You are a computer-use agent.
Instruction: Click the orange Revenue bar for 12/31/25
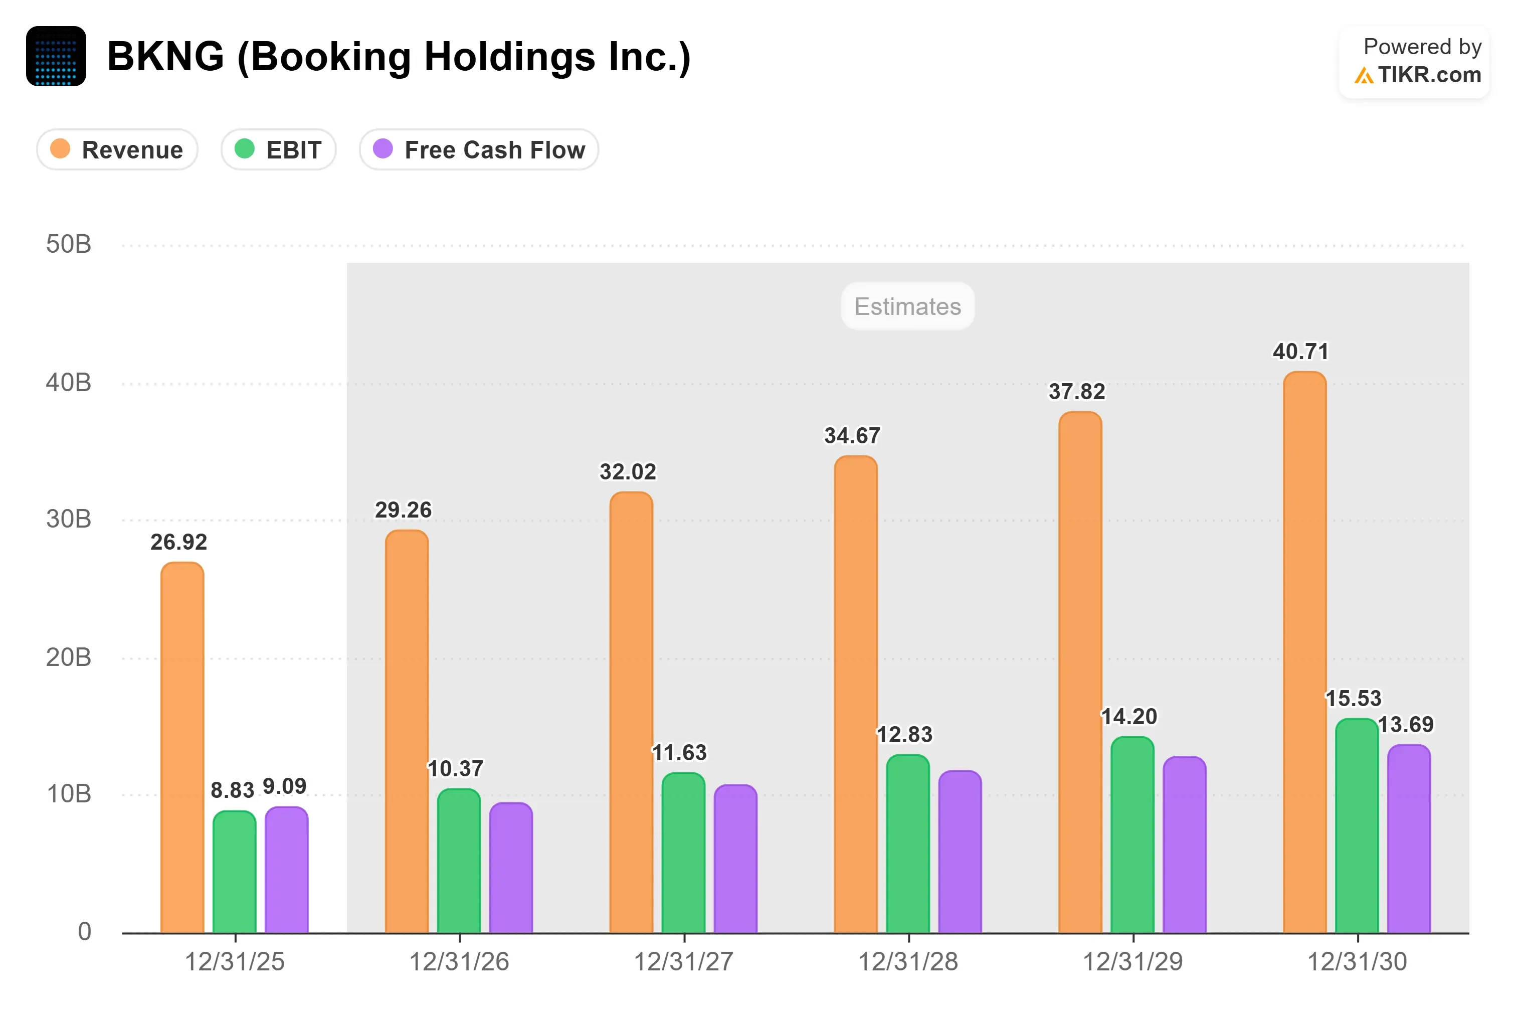182,748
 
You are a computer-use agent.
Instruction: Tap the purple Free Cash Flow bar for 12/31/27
735,859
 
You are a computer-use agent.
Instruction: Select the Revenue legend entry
117,149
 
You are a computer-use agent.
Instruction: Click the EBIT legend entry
278,149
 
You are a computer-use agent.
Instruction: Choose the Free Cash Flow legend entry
479,149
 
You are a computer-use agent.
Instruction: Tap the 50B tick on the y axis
68,244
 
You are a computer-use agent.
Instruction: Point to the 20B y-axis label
68,657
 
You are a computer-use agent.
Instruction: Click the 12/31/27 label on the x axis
683,961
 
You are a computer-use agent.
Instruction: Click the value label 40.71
1301,352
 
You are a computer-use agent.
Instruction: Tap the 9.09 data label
284,786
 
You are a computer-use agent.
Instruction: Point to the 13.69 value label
1406,724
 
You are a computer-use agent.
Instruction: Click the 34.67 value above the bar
852,436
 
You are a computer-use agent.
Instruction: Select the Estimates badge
907,306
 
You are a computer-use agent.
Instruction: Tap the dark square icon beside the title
56,56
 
